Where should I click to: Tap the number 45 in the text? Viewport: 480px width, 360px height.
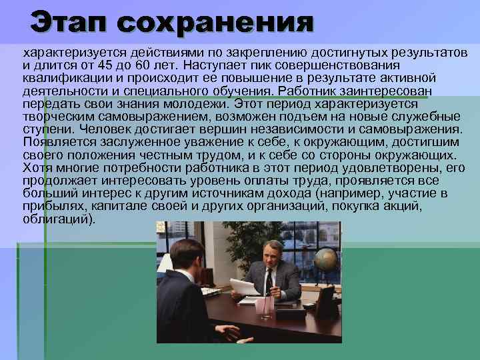[x=106, y=66]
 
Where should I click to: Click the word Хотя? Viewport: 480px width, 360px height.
[x=37, y=167]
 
